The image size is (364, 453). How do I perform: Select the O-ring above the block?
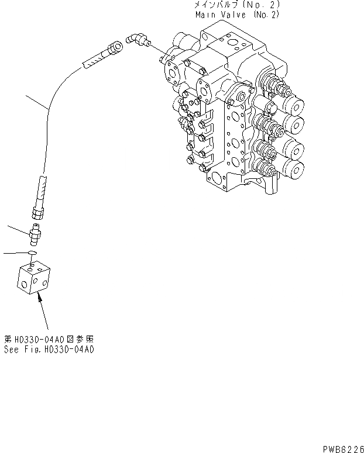[33, 253]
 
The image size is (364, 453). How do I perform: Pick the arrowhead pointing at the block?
[39, 298]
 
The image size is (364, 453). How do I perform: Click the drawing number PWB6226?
[342, 447]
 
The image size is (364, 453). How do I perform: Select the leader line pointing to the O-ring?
[15, 253]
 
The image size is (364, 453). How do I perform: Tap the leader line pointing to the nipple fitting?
[18, 229]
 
